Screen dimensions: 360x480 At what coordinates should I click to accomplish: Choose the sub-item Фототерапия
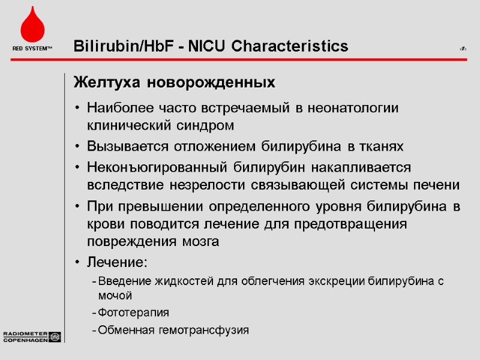tap(133, 313)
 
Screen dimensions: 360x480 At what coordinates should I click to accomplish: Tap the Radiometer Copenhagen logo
tap(31, 337)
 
